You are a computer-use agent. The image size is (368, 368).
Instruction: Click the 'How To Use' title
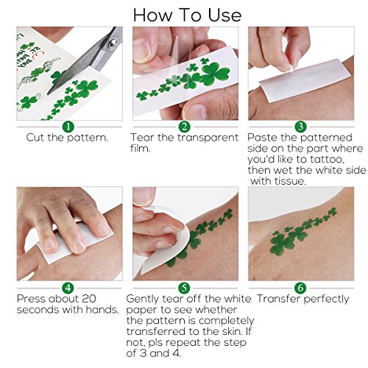coord(187,15)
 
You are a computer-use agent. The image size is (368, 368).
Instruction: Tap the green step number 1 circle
coord(68,127)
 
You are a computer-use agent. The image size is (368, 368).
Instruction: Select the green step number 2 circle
coord(184,127)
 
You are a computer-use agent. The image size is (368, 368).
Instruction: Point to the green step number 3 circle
coord(300,127)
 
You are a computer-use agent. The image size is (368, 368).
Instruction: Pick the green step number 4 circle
coord(68,288)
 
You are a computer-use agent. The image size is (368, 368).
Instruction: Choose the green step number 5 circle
coord(184,288)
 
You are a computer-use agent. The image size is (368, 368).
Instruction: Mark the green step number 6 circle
coord(300,288)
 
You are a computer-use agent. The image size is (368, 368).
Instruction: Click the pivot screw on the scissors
coord(113,43)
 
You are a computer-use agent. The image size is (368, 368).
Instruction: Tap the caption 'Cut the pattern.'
coord(67,138)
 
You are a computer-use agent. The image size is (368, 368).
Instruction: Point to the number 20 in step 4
coord(88,299)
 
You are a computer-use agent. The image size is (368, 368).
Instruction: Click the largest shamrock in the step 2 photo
coord(215,74)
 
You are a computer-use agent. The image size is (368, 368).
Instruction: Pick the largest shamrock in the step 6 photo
coord(282,244)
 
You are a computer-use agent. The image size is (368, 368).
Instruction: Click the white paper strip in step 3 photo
coord(304,80)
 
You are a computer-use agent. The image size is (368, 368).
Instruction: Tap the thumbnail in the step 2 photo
coord(141,51)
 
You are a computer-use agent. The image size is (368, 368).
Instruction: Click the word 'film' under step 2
coord(140,149)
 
